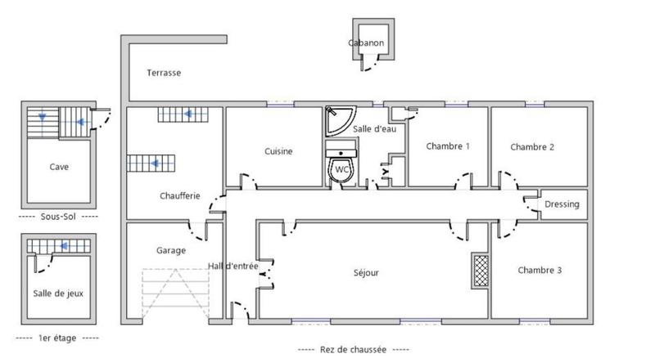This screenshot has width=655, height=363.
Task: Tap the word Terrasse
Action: (x=164, y=73)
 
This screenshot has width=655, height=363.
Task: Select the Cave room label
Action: (x=58, y=167)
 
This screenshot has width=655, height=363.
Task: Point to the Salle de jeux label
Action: (x=58, y=293)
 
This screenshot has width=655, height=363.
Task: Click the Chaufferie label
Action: (x=176, y=196)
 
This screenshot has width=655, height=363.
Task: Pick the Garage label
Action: (x=171, y=250)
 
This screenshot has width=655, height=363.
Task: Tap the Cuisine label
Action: (x=278, y=151)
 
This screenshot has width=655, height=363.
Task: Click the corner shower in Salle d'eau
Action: (x=337, y=121)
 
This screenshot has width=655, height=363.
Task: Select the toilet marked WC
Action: (x=341, y=169)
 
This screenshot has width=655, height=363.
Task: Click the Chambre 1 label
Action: (x=448, y=146)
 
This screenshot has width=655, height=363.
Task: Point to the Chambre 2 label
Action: (x=532, y=147)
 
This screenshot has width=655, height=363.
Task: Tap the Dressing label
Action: (x=562, y=204)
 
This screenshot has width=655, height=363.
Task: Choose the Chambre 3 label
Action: (x=540, y=269)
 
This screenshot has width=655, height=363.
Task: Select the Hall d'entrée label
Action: (x=233, y=267)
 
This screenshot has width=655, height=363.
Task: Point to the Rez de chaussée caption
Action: (x=354, y=348)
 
